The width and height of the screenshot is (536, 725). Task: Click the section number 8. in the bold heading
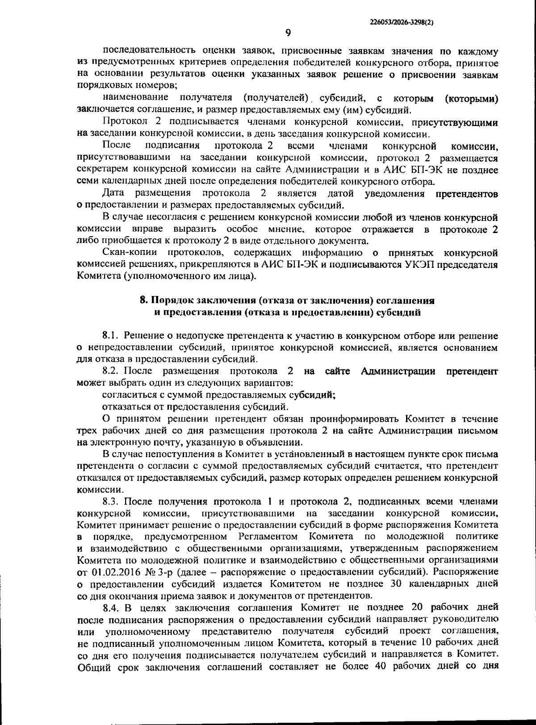pyautogui.click(x=144, y=300)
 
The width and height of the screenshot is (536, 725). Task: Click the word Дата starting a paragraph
pyautogui.click(x=113, y=194)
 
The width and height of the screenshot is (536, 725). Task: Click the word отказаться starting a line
pyautogui.click(x=127, y=407)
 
